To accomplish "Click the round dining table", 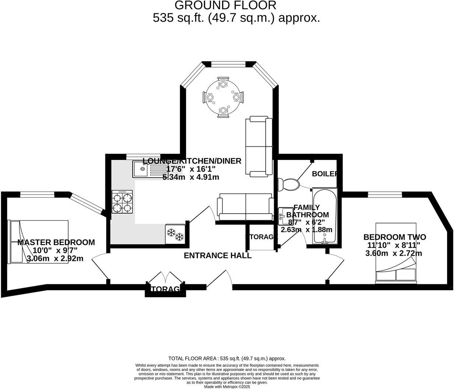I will [x=223, y=98].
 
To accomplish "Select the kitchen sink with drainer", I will [x=150, y=170].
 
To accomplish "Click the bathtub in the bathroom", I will [x=325, y=216].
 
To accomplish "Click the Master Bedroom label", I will [x=56, y=242].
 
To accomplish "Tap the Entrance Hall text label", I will [x=218, y=255].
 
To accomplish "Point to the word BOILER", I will [x=325, y=174].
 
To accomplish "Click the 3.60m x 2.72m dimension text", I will [x=394, y=253].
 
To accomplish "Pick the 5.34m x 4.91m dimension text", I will [x=191, y=177].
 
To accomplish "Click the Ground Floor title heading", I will [x=225, y=6].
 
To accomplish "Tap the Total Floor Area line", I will [x=227, y=358].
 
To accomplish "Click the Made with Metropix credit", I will [x=227, y=387].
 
